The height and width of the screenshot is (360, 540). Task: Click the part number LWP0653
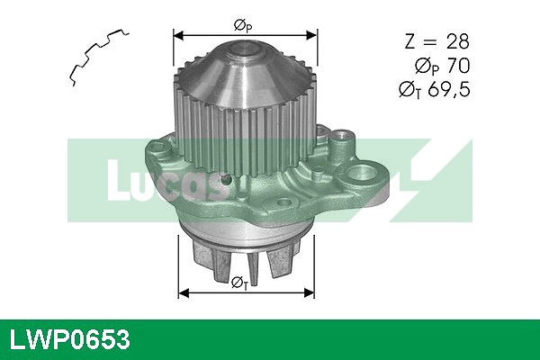69,340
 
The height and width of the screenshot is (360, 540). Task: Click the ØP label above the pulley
244,25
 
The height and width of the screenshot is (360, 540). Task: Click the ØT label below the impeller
240,283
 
